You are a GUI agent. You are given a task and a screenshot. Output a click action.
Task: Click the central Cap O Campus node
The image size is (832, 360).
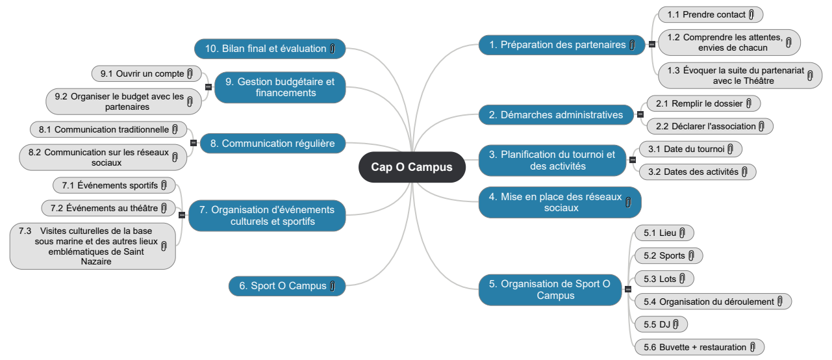(x=412, y=167)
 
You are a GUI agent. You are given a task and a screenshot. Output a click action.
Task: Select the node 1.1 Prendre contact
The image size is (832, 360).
(x=711, y=14)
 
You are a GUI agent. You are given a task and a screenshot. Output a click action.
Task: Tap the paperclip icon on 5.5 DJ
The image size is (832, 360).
(x=675, y=324)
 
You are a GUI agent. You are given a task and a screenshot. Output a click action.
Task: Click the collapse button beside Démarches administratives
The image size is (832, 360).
(x=640, y=114)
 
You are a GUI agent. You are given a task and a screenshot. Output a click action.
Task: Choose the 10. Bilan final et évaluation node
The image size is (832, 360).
(x=270, y=49)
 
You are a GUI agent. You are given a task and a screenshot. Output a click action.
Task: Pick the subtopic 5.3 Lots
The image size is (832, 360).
(x=664, y=279)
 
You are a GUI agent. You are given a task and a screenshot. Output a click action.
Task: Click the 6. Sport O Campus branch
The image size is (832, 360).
(x=287, y=286)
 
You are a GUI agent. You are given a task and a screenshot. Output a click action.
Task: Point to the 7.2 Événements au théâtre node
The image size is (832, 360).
(x=108, y=208)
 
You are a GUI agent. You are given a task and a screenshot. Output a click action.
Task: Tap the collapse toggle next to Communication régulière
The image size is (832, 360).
(x=194, y=143)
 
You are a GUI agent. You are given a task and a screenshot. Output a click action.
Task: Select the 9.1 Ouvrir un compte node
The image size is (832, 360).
(x=147, y=73)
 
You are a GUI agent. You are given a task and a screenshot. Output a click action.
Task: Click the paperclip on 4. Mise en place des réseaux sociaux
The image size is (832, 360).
(x=628, y=202)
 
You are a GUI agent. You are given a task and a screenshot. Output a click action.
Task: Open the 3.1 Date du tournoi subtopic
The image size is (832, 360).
(x=691, y=149)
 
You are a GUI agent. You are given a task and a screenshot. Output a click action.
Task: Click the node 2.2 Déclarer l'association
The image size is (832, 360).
(x=710, y=126)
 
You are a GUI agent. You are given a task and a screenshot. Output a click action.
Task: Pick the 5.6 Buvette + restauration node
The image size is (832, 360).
(x=700, y=347)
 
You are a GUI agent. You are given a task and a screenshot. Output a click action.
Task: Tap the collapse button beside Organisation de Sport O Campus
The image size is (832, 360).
(x=628, y=289)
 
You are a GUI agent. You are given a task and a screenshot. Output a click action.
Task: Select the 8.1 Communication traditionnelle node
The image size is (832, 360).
(x=108, y=129)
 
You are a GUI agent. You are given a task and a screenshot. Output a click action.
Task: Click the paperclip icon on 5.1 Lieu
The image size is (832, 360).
(x=683, y=233)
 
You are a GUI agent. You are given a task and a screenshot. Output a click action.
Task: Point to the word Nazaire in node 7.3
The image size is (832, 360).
(x=96, y=261)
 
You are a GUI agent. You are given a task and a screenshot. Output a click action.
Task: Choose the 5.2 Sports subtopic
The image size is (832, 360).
(x=668, y=255)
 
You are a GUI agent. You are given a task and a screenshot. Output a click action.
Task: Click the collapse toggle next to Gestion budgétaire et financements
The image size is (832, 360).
(x=208, y=87)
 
